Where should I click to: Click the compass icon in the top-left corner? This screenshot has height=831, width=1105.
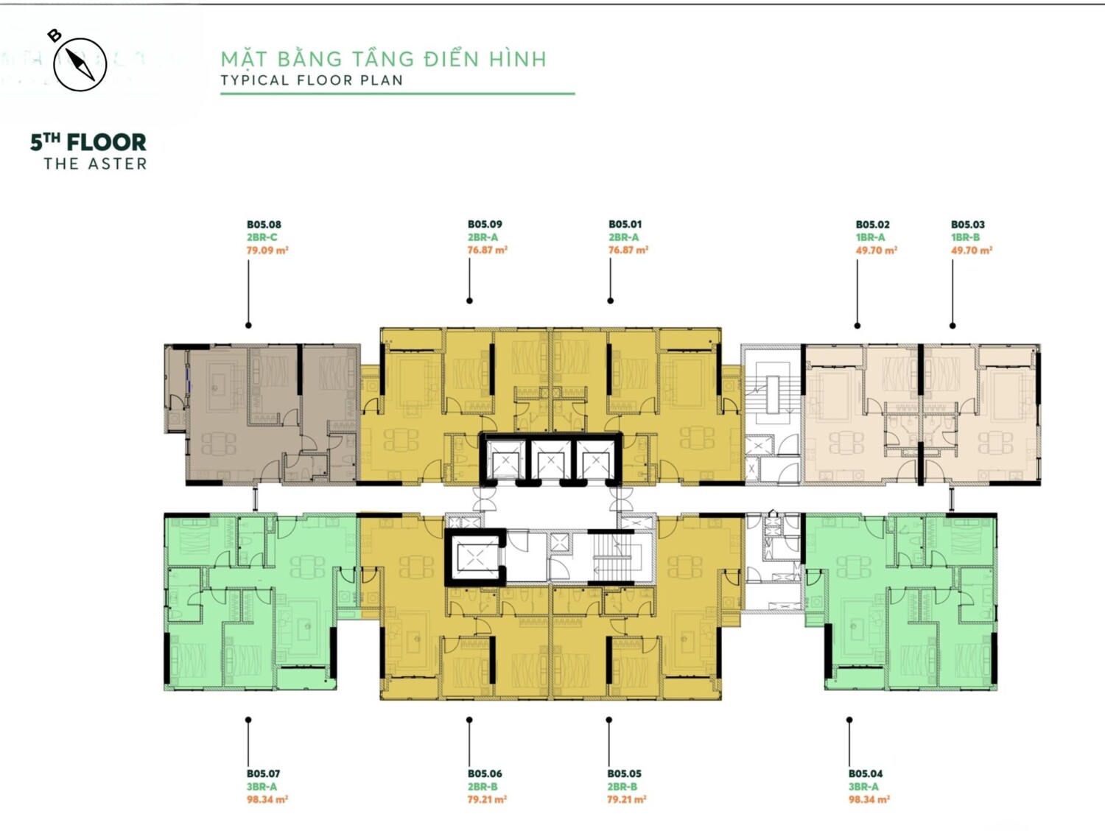(80, 64)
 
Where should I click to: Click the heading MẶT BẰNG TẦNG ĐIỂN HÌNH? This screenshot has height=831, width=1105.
(384, 58)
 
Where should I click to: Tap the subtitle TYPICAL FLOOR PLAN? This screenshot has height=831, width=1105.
(312, 80)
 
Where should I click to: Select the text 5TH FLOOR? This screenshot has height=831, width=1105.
(88, 142)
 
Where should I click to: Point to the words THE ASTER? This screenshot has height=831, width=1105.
(96, 164)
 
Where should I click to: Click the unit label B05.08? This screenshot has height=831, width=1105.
(264, 225)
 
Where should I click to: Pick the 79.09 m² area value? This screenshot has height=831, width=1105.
(267, 250)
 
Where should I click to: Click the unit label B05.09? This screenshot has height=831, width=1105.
(485, 225)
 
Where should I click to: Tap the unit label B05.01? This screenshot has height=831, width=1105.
(625, 225)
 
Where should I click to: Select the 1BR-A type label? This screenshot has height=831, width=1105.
(871, 237)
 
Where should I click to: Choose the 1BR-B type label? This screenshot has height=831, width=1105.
(966, 237)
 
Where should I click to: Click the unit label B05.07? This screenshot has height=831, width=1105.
(263, 774)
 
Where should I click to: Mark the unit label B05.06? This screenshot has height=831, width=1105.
(485, 774)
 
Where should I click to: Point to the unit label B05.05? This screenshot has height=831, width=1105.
(624, 774)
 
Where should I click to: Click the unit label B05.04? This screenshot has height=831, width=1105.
(866, 774)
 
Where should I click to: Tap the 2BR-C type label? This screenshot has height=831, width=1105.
(262, 237)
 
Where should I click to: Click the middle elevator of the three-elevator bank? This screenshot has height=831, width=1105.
(550, 460)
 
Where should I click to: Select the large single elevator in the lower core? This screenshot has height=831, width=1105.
(476, 557)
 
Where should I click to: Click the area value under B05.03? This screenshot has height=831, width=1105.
(972, 250)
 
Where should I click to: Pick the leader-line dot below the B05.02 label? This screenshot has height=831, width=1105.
(857, 326)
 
